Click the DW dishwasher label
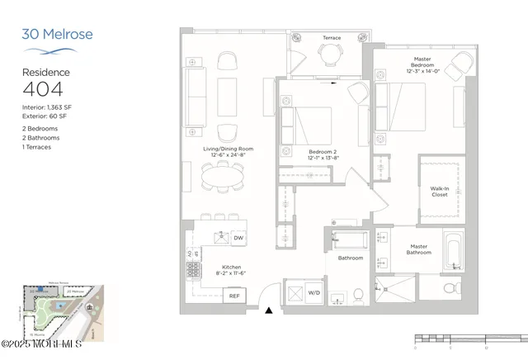(238, 239)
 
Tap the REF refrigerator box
(234, 296)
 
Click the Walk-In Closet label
(440, 192)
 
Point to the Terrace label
(332, 38)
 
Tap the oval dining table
(224, 175)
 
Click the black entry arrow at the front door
(269, 310)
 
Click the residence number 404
(40, 90)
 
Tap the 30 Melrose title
(57, 35)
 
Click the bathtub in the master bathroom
(453, 252)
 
